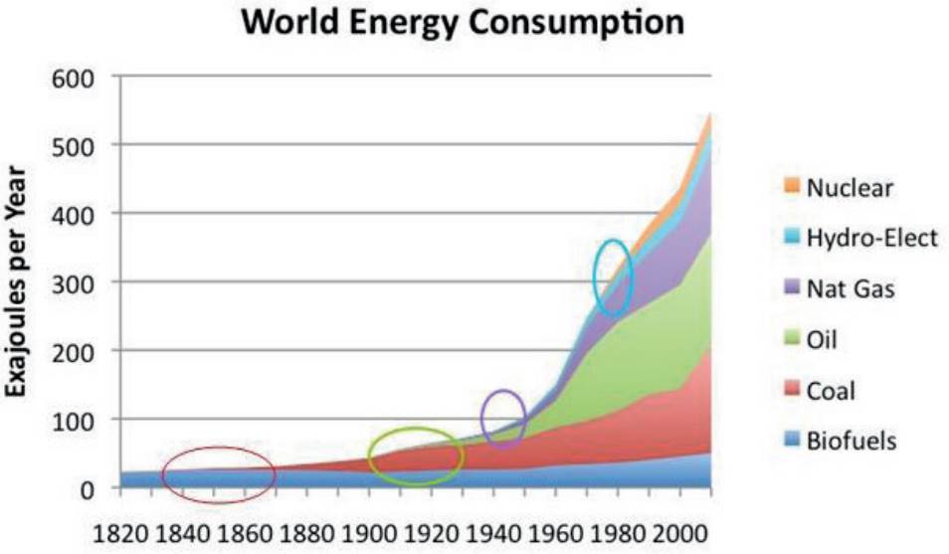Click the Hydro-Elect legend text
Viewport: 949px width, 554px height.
[872, 239]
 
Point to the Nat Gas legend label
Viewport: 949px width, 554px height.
[852, 290]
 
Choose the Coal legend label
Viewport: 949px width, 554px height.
[832, 392]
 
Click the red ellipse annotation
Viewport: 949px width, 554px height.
[219, 475]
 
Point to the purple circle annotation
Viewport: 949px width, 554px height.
[503, 418]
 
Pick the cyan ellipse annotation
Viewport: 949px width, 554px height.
[613, 277]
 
